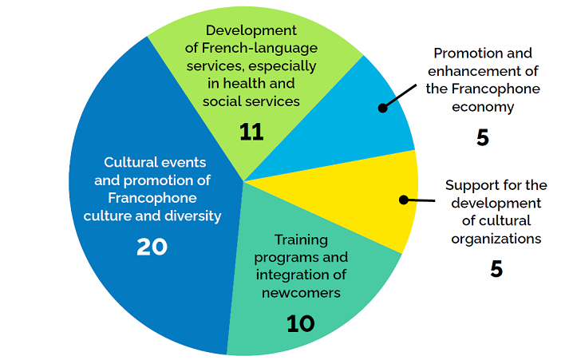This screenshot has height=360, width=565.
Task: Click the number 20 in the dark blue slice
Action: click(x=152, y=247)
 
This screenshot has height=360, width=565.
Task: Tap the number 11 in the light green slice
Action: click(x=251, y=132)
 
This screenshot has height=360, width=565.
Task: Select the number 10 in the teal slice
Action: click(x=301, y=323)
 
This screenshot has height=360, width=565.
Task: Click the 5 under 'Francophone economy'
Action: click(x=483, y=137)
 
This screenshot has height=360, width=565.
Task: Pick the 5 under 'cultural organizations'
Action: click(x=496, y=269)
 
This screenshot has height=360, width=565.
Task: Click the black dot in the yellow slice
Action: click(x=404, y=200)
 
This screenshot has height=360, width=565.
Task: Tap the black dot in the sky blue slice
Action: click(x=383, y=108)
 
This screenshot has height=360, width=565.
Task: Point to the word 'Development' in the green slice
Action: click(x=251, y=30)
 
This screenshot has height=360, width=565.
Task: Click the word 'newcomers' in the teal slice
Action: click(x=301, y=293)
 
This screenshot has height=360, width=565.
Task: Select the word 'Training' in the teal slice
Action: click(x=301, y=240)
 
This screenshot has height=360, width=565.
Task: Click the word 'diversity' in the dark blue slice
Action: click(x=193, y=216)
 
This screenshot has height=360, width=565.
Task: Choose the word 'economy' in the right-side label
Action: click(x=483, y=108)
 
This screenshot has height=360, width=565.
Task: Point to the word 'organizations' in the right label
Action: click(x=496, y=239)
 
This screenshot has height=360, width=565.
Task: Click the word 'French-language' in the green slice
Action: click(x=260, y=48)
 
